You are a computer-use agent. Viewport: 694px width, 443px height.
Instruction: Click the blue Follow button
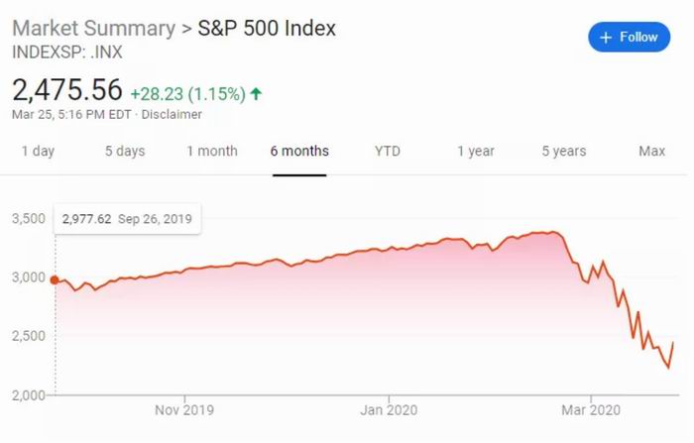(629, 38)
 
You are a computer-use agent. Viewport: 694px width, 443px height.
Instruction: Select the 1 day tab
(38, 152)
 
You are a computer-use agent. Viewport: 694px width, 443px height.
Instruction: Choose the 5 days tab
(125, 152)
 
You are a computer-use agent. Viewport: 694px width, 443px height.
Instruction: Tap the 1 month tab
(212, 152)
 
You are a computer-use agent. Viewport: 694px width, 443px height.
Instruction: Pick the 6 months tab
(299, 152)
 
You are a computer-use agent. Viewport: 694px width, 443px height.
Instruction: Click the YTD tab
(388, 152)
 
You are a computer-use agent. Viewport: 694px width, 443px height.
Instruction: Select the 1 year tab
(476, 152)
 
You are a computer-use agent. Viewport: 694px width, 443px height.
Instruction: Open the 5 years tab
(563, 152)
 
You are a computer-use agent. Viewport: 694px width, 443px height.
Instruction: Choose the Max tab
(651, 152)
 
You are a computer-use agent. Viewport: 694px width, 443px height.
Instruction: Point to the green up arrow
(257, 94)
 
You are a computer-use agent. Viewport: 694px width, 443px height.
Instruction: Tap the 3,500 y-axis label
(29, 218)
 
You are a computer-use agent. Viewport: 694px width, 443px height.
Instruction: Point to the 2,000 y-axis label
(29, 395)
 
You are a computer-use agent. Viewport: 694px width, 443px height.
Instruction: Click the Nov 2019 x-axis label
(184, 408)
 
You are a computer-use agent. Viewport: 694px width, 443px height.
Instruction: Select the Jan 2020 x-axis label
(387, 408)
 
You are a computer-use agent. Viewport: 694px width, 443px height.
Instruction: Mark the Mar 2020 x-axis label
(591, 408)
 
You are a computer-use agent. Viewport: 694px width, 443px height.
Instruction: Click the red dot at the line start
(55, 280)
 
